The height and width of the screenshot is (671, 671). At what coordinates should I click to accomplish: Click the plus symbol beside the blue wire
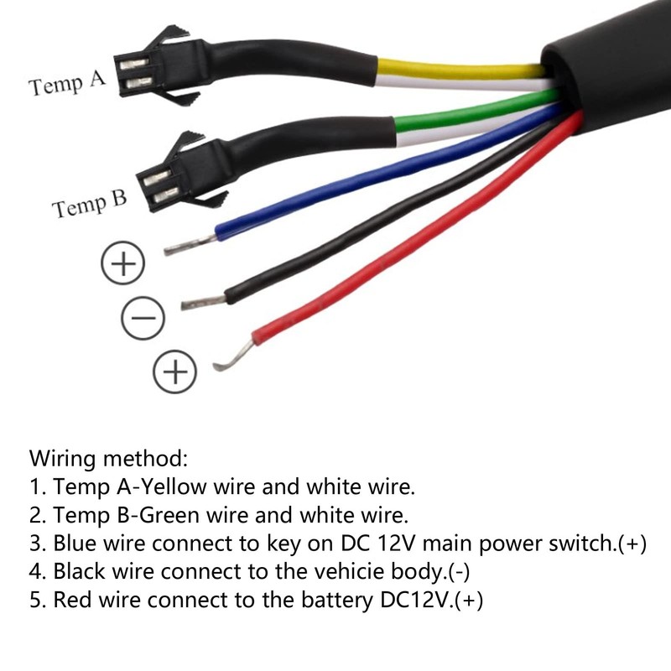coord(122,263)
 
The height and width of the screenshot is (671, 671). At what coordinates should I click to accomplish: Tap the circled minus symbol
coord(143,318)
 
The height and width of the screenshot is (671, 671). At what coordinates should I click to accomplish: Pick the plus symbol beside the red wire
coord(175,372)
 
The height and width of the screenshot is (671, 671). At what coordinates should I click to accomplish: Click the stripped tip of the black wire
coord(203,302)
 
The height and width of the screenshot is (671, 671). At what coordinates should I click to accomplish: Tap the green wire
coord(475,112)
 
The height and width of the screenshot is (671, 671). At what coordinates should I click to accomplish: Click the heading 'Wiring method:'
coord(109,458)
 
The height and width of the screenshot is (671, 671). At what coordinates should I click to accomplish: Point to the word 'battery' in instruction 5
coord(338,601)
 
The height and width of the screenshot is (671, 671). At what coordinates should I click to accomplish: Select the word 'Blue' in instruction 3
coord(75,543)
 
